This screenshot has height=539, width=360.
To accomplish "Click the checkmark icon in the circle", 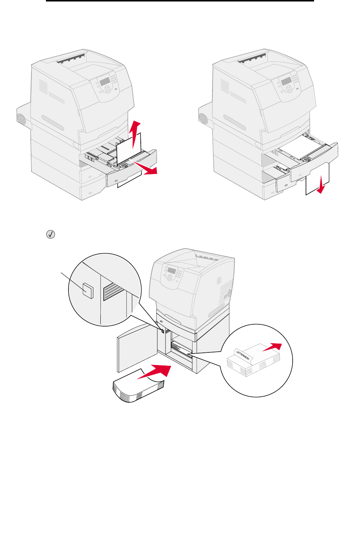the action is (50, 234).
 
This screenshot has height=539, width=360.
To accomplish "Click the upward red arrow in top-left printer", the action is (136, 133).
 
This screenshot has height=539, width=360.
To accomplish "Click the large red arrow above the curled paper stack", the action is (155, 371).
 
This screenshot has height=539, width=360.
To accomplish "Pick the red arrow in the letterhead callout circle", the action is (273, 347).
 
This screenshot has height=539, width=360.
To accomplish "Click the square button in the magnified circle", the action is (88, 291).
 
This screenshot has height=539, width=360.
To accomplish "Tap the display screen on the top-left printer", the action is (105, 81).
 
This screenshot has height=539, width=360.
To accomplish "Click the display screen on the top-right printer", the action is (286, 81).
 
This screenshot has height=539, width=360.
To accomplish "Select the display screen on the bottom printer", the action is (171, 271).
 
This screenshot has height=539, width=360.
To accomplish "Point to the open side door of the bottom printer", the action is (136, 348).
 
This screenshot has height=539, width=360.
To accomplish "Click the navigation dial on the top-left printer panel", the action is (107, 89).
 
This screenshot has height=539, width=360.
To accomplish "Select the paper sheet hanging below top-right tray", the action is (317, 179).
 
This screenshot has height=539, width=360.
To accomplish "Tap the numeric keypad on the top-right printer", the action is (295, 78).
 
